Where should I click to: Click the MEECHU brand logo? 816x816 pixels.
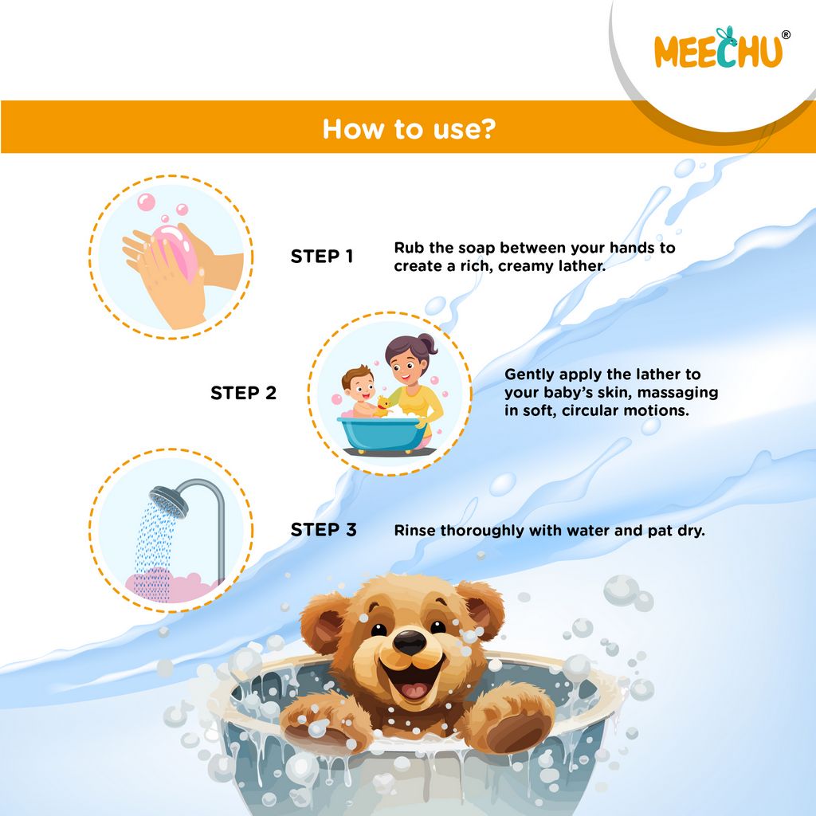coord(717,49)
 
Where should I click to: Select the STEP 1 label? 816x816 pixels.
coord(322,257)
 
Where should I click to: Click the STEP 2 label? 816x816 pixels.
coord(243,393)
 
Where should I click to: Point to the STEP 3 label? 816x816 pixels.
coord(324,530)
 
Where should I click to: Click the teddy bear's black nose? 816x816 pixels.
coord(410,641)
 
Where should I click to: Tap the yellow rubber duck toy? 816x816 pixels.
coord(383,406)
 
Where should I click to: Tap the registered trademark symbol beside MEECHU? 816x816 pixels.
coord(786,35)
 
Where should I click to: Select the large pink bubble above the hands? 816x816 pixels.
coord(146,202)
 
